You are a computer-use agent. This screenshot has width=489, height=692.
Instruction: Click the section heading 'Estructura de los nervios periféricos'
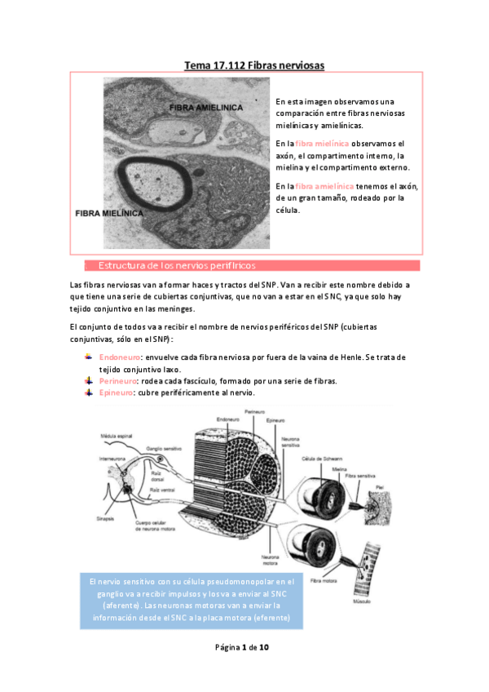177,266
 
